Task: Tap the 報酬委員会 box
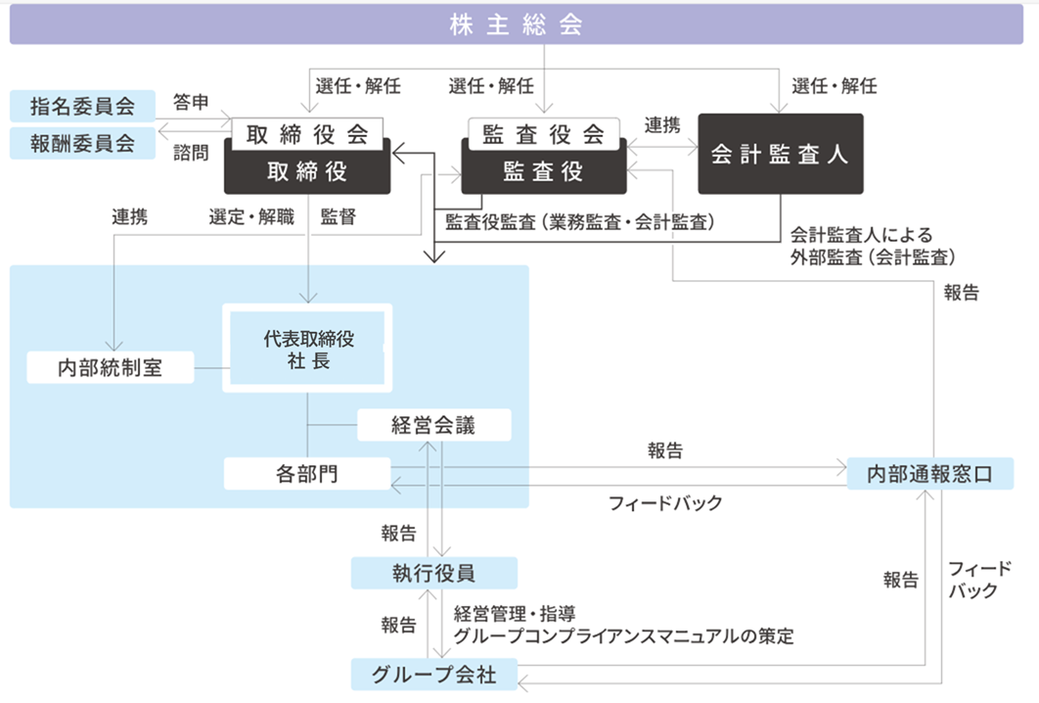click(x=83, y=143)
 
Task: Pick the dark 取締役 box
click(x=306, y=171)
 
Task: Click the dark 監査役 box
click(x=543, y=171)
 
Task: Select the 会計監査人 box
click(x=780, y=154)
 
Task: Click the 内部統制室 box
click(x=110, y=368)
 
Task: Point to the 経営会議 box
click(x=433, y=425)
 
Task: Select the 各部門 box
click(x=306, y=474)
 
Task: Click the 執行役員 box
click(x=433, y=572)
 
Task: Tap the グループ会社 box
click(x=433, y=675)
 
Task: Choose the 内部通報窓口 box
click(x=928, y=474)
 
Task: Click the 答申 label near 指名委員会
click(x=191, y=102)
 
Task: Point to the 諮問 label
click(x=191, y=152)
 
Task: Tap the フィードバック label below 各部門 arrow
click(x=665, y=503)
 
